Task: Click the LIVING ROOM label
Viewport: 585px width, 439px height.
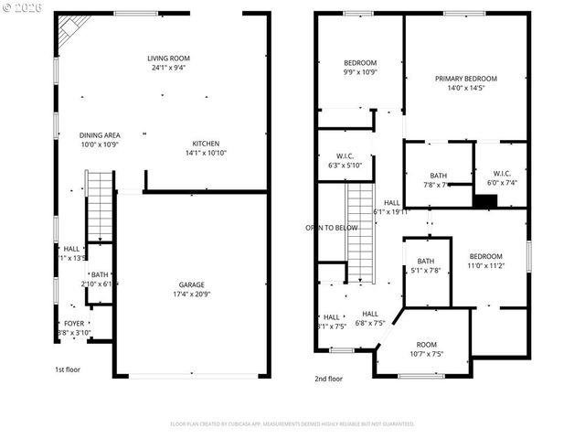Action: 168,59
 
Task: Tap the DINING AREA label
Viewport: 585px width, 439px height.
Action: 100,134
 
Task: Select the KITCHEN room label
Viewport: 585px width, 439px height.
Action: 206,144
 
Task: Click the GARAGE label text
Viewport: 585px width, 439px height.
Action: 191,284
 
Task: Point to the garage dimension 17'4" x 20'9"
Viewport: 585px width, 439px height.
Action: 191,294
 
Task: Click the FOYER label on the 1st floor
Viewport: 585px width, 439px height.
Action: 74,324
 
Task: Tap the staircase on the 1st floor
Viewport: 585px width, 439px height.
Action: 98,208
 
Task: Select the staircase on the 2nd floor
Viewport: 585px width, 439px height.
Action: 360,233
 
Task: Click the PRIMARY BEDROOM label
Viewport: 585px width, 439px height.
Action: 466,79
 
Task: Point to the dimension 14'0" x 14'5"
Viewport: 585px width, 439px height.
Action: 466,89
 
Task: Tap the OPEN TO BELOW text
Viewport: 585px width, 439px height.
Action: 332,227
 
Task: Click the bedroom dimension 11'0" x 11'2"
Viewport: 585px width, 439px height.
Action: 485,266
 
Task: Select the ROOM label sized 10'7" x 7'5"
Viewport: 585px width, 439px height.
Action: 427,344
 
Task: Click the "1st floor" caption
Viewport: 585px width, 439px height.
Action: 68,370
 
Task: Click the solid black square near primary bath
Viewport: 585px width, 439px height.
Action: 484,199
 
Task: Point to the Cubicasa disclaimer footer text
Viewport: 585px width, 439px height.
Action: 292,424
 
